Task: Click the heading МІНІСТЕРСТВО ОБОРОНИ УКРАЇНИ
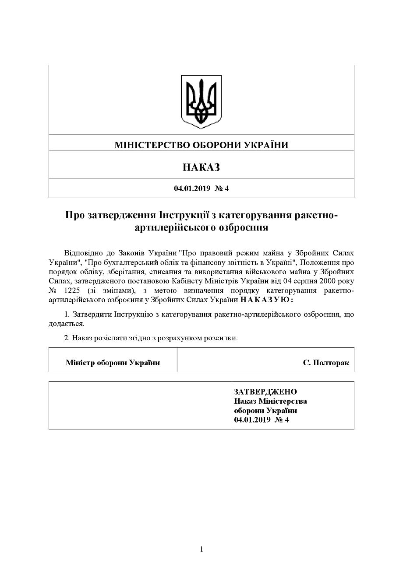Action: pyautogui.click(x=201, y=144)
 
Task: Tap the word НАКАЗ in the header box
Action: pyautogui.click(x=201, y=167)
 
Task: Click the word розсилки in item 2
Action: pyautogui.click(x=224, y=338)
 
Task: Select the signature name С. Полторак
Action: pyautogui.click(x=326, y=363)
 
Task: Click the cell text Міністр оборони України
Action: pyautogui.click(x=113, y=363)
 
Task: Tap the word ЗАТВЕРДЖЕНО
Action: pyautogui.click(x=265, y=391)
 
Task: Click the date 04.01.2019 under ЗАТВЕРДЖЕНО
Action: pyautogui.click(x=251, y=420)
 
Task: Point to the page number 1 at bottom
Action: pyautogui.click(x=201, y=549)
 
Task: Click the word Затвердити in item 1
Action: pyautogui.click(x=92, y=314)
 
